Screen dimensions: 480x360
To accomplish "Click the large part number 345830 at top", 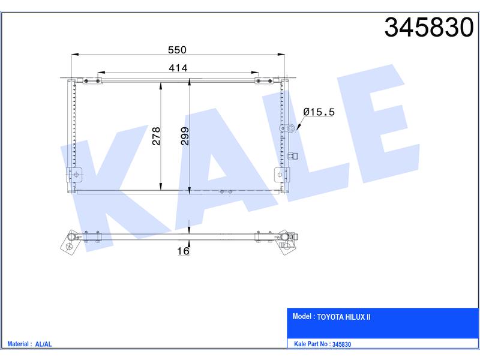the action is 429,27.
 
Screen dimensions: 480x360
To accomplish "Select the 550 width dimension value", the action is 177,50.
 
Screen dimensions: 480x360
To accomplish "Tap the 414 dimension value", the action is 178,68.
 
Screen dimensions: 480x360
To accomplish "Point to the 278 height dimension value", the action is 156,136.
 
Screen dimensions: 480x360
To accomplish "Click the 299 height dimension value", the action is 185,136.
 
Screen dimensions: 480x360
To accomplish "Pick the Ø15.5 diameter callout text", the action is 319,112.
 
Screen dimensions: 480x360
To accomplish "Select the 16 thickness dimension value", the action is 183,251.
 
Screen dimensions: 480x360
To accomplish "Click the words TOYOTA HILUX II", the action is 343,317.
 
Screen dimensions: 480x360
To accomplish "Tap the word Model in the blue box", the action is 302,316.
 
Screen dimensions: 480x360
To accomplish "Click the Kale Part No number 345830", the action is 341,344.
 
